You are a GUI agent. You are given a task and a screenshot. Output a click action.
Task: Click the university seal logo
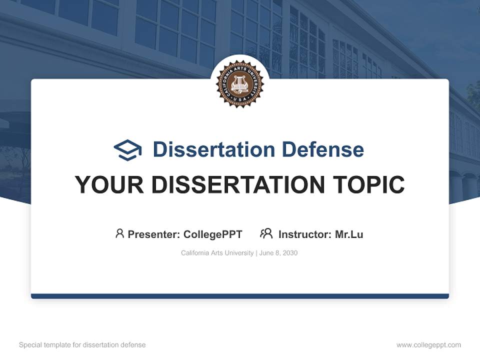point(239,84)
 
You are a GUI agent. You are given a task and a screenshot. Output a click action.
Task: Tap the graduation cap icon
point(127,149)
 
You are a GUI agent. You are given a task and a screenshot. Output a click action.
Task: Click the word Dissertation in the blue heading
point(213,149)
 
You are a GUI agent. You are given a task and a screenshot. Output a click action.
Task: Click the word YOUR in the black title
point(109,184)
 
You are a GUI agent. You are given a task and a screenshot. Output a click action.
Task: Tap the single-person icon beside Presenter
point(119,233)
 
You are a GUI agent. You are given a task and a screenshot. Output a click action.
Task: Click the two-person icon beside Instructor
point(266,233)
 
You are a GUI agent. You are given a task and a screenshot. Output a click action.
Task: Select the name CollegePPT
point(213,234)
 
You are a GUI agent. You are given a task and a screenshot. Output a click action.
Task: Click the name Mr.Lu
point(349,234)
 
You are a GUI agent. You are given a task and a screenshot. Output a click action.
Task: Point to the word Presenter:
point(154,234)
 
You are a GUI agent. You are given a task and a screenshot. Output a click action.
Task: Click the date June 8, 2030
point(278,253)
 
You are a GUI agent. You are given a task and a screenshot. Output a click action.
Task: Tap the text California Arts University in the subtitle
point(217,253)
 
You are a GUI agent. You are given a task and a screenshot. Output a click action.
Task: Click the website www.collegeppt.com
point(428,345)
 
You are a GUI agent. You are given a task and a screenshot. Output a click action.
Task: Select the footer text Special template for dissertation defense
point(82,345)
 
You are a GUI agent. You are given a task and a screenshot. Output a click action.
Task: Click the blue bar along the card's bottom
point(239,296)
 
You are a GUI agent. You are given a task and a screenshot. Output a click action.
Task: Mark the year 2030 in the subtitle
point(289,253)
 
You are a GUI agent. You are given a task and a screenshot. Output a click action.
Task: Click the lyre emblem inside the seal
point(239,83)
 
